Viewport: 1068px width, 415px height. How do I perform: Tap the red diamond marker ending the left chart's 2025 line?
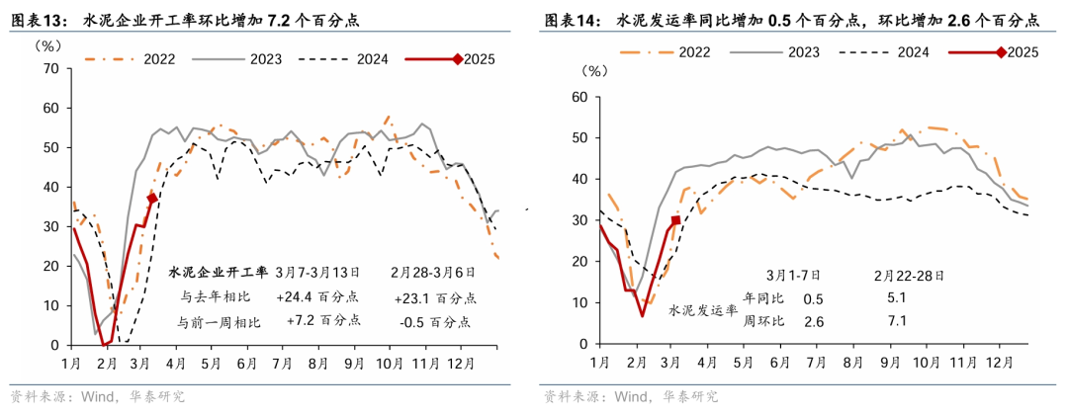[x=152, y=199]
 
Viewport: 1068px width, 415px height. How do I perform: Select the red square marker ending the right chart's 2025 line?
[x=675, y=220]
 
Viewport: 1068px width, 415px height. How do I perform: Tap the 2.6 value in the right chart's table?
[x=813, y=321]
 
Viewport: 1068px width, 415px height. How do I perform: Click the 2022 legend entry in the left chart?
[x=157, y=59]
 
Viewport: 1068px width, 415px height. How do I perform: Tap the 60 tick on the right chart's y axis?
[x=580, y=97]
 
